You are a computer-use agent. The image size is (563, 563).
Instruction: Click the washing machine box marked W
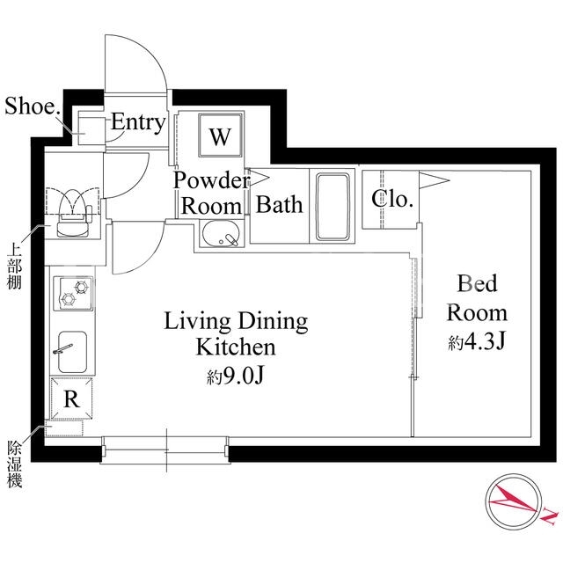[x=220, y=135]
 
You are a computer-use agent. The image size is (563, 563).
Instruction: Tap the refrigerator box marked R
[x=71, y=398]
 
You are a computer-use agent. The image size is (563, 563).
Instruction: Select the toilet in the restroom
[x=74, y=214]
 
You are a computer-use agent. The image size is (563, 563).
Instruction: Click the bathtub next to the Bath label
[x=333, y=207]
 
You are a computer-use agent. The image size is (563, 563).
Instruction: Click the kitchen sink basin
[x=72, y=352]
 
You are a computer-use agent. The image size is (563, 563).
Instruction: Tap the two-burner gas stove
[x=73, y=294]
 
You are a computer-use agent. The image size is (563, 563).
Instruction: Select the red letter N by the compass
[x=550, y=516]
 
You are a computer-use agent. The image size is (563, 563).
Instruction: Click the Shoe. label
[x=33, y=106]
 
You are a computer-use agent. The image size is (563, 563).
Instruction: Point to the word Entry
[x=138, y=123]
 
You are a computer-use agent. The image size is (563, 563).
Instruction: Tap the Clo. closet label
[x=391, y=199]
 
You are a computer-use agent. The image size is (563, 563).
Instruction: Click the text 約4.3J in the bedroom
[x=477, y=342]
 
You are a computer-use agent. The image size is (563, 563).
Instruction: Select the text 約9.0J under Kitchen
[x=236, y=376]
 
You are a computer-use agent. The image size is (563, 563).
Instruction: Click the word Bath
[x=280, y=205]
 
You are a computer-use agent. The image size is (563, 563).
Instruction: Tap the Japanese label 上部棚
[x=14, y=267]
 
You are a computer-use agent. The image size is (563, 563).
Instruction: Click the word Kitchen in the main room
[x=236, y=347]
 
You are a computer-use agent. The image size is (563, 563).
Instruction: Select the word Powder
[x=211, y=180]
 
